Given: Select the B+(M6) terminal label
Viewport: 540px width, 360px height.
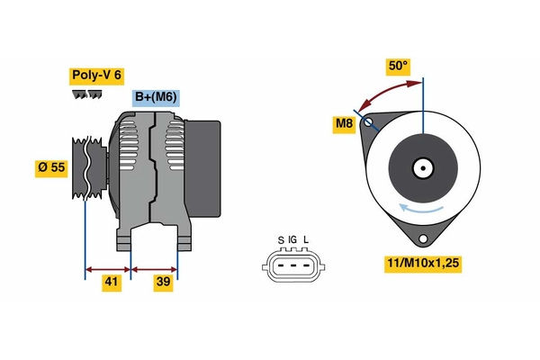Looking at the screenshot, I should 155,98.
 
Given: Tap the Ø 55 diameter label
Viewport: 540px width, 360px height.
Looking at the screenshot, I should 50,167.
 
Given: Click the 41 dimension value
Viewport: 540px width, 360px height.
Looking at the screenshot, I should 111,282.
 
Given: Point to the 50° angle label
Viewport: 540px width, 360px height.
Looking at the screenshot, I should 398,66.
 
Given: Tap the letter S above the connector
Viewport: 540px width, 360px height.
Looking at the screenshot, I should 281,240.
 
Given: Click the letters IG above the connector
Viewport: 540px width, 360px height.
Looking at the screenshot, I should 292,240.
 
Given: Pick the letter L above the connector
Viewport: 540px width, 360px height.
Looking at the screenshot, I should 306,240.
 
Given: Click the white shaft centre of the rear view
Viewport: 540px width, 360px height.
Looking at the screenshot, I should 422,167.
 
